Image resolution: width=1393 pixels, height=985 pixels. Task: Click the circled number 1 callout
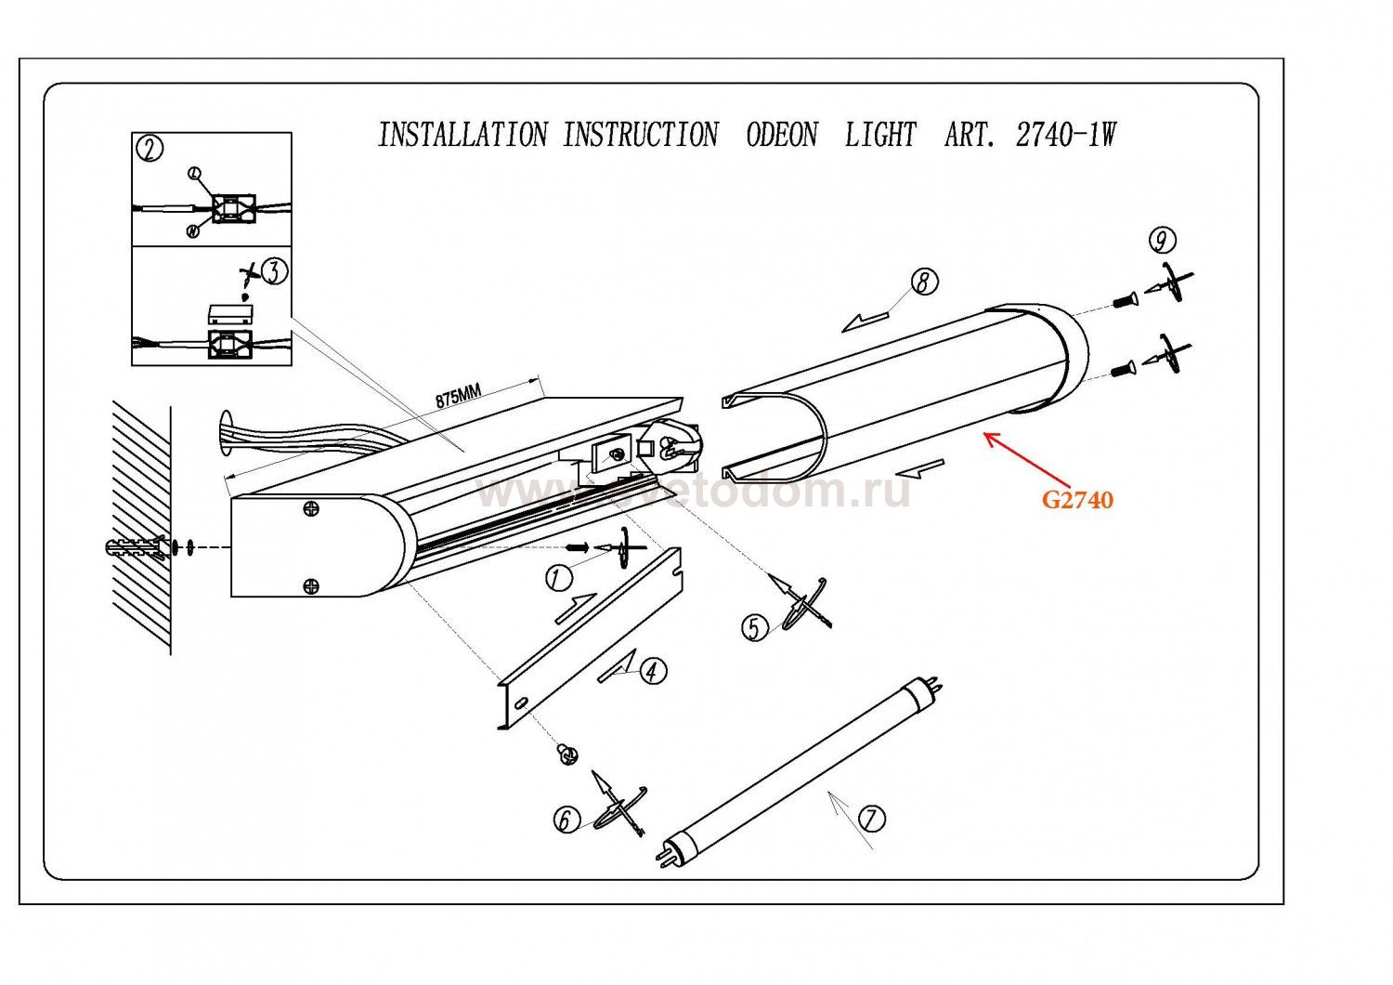(557, 579)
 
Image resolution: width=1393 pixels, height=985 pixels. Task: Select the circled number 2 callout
(149, 149)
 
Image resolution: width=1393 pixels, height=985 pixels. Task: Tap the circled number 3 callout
(274, 271)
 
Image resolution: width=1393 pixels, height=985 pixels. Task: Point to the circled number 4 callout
(653, 671)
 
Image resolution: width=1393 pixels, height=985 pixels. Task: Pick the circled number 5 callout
(754, 629)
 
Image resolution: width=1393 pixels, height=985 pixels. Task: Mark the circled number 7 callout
(871, 819)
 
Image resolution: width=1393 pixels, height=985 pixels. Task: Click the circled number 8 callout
(923, 282)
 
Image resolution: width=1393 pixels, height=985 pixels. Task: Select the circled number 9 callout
(1161, 241)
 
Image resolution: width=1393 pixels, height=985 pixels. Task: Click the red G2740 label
(1077, 500)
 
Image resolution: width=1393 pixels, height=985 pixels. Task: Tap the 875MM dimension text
(460, 396)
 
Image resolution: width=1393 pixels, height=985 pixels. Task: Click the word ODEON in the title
(782, 136)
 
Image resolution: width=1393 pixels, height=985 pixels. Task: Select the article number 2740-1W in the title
(1065, 136)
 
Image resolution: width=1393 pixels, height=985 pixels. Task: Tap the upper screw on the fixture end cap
(312, 508)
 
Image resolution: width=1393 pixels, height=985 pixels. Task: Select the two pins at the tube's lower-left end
(665, 852)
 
